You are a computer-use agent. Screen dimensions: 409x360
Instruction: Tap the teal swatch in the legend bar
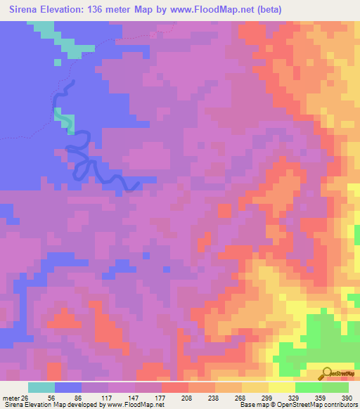point(41,387)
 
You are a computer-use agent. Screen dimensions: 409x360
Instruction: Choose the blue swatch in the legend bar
point(68,387)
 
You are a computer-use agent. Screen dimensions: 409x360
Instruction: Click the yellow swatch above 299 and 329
point(282,387)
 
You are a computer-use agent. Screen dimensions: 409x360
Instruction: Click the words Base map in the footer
point(254,405)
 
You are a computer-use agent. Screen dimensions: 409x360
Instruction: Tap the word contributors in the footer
point(338,405)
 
